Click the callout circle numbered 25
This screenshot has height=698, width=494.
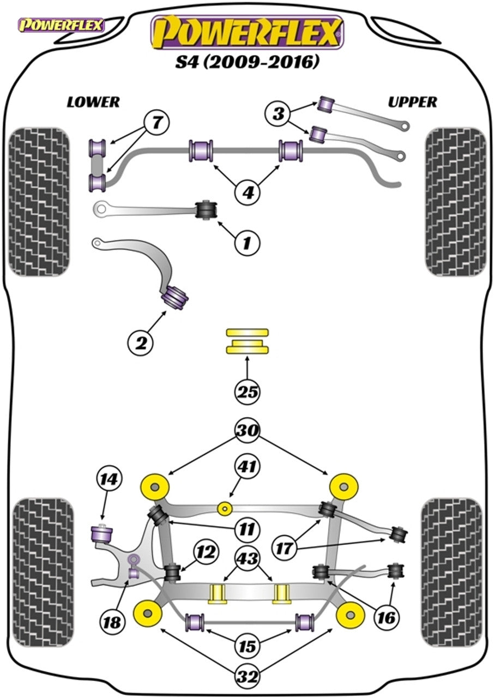tap(247, 392)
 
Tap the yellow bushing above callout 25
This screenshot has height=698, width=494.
tap(247, 341)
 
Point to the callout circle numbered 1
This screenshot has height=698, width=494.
tap(247, 242)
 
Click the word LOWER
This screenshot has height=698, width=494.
tap(93, 102)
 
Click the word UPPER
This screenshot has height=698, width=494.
tap(412, 102)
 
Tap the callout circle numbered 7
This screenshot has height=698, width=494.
tap(157, 123)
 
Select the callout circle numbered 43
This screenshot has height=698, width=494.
tap(247, 558)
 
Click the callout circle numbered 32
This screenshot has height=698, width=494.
tap(247, 677)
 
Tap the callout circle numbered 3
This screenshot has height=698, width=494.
tap(278, 115)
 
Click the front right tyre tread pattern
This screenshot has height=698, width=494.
tap(455, 202)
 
